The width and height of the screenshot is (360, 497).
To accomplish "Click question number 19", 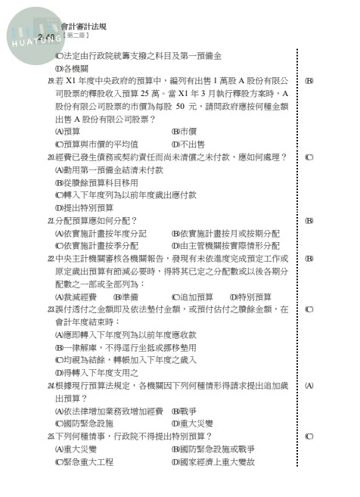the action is click(50, 80).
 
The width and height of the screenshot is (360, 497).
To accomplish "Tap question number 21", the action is click(50, 220).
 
